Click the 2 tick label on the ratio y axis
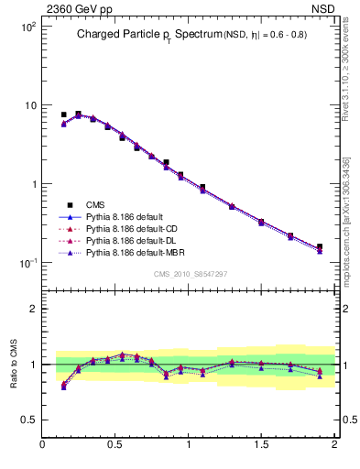click(x=32, y=309)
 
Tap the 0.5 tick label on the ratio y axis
click(x=27, y=420)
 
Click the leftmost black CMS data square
click(x=63, y=115)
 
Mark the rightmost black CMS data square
click(x=320, y=246)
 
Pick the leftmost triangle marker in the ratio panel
click(x=63, y=387)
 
